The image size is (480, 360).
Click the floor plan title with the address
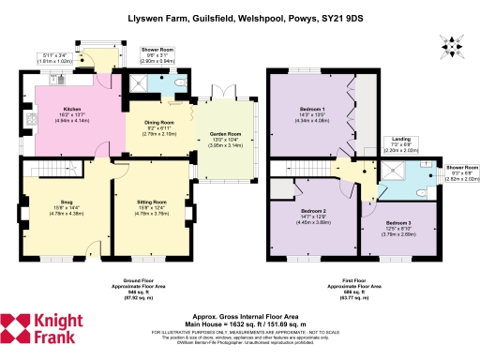pos(239,18)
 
